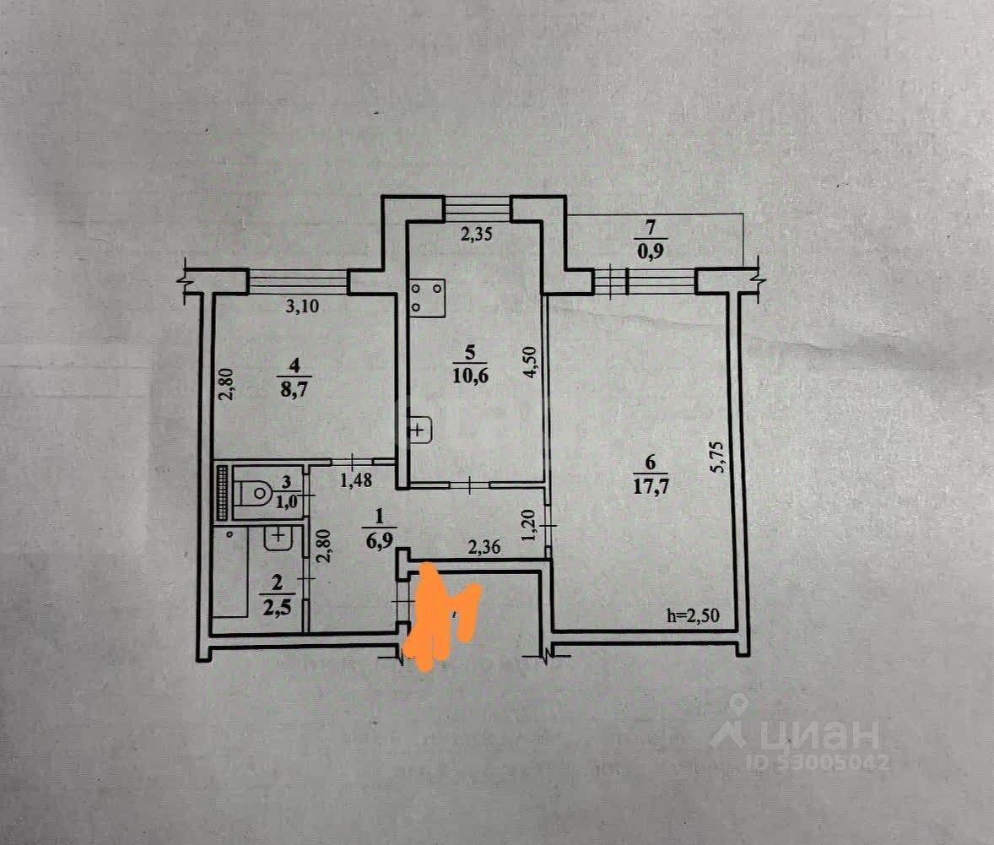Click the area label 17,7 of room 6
(x=649, y=487)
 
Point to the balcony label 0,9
(x=648, y=251)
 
